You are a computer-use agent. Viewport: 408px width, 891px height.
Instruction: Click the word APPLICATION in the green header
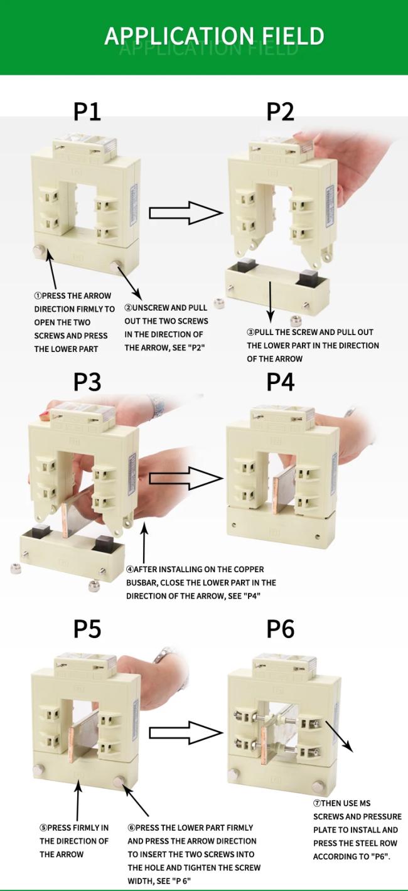pyautogui.click(x=179, y=36)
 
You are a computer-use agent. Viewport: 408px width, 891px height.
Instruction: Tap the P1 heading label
pyautogui.click(x=87, y=112)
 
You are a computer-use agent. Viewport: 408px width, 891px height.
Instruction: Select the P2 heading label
pyautogui.click(x=280, y=112)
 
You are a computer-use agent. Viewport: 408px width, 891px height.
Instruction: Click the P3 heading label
pyautogui.click(x=87, y=382)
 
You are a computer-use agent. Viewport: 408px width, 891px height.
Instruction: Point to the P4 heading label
pyautogui.click(x=280, y=382)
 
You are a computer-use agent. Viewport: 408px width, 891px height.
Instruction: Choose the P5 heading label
pyautogui.click(x=87, y=629)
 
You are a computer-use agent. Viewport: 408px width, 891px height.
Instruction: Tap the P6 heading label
pyautogui.click(x=280, y=629)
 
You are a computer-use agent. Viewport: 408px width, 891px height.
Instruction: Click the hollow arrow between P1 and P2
pyautogui.click(x=186, y=213)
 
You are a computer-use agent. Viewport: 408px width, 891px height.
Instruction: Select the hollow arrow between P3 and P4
pyautogui.click(x=186, y=479)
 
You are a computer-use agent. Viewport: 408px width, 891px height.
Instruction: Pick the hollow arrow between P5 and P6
pyautogui.click(x=186, y=732)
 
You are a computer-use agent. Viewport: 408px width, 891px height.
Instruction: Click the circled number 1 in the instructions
pyautogui.click(x=38, y=296)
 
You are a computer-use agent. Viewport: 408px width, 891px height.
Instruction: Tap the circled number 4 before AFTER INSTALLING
pyautogui.click(x=130, y=570)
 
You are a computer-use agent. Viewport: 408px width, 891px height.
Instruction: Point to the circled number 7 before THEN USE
pyautogui.click(x=317, y=804)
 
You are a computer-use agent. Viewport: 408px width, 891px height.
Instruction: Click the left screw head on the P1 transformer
pyautogui.click(x=39, y=250)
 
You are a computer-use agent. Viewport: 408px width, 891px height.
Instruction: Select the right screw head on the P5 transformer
pyautogui.click(x=118, y=781)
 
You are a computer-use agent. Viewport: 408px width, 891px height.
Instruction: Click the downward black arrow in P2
pyautogui.click(x=271, y=302)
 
